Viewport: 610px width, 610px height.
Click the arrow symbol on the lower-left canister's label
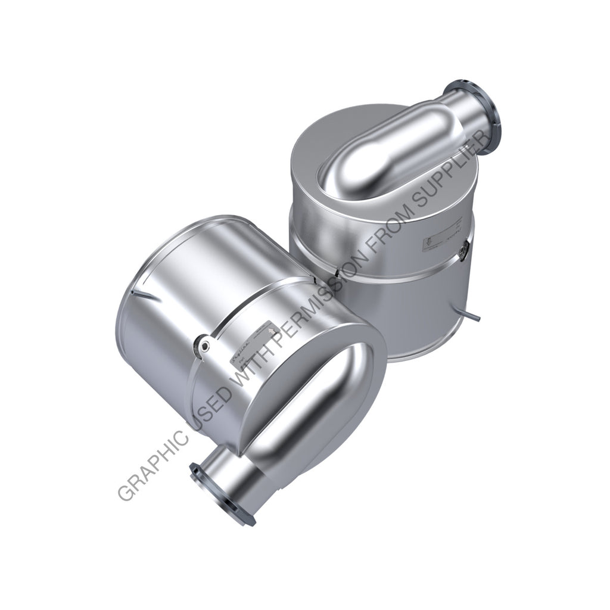coord(273,328)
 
